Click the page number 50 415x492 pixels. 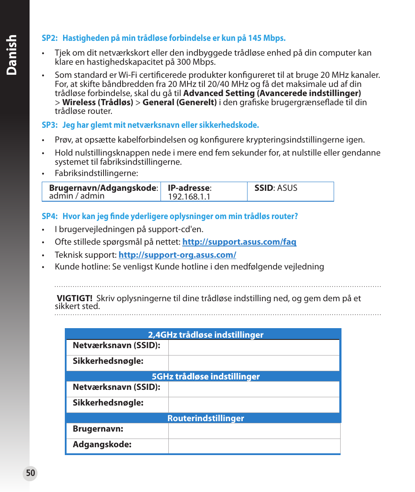(30, 473)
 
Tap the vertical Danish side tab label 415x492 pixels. (13, 54)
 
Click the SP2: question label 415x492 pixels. (50, 38)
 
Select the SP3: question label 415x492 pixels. (50, 125)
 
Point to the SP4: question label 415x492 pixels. (50, 216)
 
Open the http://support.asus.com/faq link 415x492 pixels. (239, 242)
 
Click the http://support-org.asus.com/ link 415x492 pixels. (177, 255)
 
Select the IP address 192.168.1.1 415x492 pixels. (189, 197)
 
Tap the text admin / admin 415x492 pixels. (77, 196)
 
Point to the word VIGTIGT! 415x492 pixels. (75, 299)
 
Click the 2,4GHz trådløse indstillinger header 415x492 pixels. (206, 335)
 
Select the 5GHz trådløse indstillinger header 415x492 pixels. (206, 376)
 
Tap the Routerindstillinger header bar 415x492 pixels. (206, 418)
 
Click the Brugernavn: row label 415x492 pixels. (98, 429)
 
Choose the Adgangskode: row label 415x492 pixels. (102, 445)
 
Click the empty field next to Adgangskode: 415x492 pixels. (254, 446)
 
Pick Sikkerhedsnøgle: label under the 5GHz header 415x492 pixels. (108, 403)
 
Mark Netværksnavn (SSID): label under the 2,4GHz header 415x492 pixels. (116, 346)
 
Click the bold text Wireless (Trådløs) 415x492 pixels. (97, 103)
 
